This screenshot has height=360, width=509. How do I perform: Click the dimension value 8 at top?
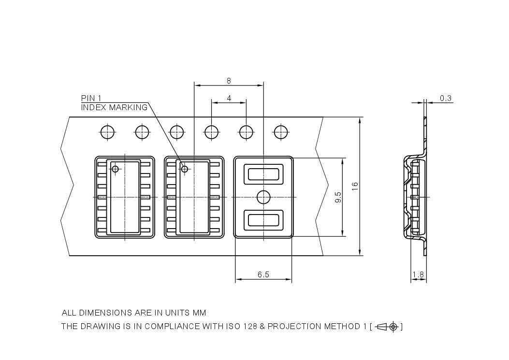click(x=229, y=81)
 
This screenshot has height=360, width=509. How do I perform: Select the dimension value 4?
click(x=229, y=98)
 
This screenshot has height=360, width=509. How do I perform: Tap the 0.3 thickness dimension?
click(x=445, y=98)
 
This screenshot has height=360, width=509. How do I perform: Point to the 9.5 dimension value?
click(x=338, y=197)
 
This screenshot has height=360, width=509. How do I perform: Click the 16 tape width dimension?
click(x=355, y=186)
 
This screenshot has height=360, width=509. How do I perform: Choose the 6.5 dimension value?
click(x=263, y=274)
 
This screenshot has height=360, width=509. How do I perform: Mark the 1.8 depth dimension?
click(x=418, y=275)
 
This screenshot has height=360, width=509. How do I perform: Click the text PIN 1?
click(x=91, y=98)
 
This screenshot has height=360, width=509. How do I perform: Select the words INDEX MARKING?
click(x=114, y=107)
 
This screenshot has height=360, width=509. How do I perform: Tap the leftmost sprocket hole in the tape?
click(x=107, y=131)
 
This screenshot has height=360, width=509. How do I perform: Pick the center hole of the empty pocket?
click(x=263, y=197)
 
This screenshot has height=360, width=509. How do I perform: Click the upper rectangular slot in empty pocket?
click(x=263, y=173)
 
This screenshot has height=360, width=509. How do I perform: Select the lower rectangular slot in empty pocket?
click(x=263, y=220)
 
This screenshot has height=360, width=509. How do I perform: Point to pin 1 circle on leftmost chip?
click(x=115, y=169)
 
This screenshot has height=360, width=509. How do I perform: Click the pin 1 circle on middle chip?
click(x=184, y=169)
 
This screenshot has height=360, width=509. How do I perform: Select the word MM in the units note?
click(x=200, y=313)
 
